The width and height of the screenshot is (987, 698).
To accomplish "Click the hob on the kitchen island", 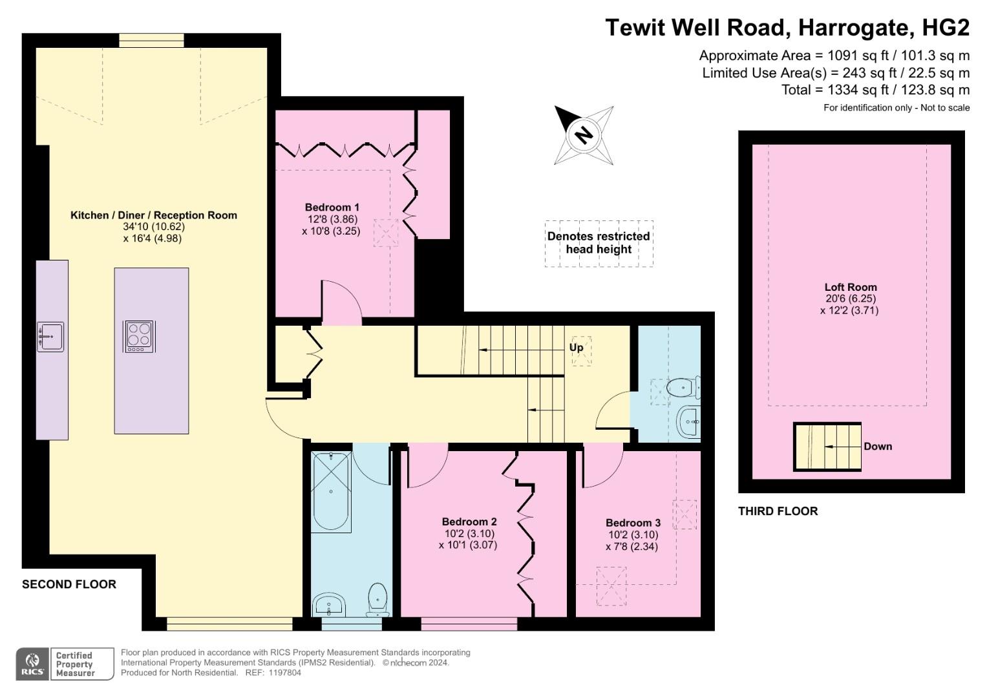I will click(x=139, y=337).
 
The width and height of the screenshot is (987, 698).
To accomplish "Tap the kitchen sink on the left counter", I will click(x=50, y=337).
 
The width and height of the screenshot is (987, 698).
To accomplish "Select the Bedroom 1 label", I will click(x=332, y=207).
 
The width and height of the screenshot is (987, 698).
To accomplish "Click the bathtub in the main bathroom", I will click(x=331, y=491).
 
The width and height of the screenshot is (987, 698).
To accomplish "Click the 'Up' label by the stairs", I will click(x=576, y=348).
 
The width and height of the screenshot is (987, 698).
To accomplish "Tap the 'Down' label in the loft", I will click(x=877, y=447).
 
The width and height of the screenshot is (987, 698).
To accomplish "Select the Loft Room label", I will click(x=850, y=288).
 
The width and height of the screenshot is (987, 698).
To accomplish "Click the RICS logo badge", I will click(x=32, y=664).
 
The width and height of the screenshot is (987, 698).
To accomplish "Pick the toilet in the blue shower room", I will click(x=681, y=388).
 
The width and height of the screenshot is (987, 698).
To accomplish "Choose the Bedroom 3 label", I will click(x=633, y=523).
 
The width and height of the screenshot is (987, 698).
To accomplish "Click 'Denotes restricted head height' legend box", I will click(x=599, y=243).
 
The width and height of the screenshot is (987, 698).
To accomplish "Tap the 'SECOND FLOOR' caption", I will click(x=69, y=584).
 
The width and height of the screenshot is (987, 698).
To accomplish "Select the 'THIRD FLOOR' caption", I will click(x=778, y=511).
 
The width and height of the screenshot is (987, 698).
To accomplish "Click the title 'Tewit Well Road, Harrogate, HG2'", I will click(x=787, y=28).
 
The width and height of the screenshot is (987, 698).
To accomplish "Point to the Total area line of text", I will click(x=875, y=90).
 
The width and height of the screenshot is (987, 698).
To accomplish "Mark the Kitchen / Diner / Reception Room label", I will click(x=153, y=215).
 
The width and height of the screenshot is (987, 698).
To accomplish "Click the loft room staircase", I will click(x=827, y=447).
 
